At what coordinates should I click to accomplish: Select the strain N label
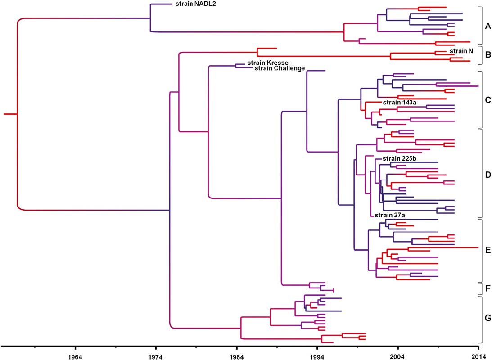click(x=461, y=51)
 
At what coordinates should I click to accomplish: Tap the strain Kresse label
click(x=268, y=63)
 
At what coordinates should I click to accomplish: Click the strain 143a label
click(x=399, y=102)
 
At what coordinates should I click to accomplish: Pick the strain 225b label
click(x=399, y=158)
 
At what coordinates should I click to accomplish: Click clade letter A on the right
click(x=487, y=27)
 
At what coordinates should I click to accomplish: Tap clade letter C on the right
click(x=487, y=100)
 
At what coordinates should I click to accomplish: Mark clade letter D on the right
click(x=487, y=174)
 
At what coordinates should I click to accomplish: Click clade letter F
click(x=487, y=288)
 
